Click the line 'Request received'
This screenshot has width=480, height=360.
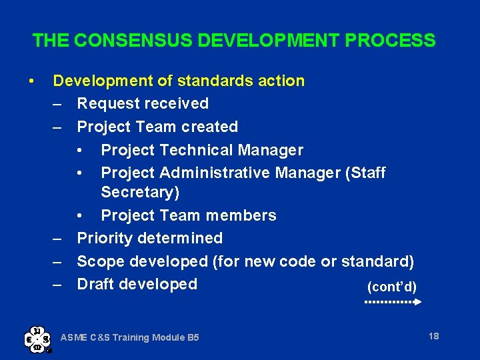(x=143, y=104)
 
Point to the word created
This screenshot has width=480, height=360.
(x=210, y=127)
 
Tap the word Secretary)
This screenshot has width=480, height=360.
(x=140, y=193)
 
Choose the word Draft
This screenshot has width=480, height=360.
(x=97, y=284)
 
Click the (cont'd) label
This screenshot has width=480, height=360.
(x=392, y=287)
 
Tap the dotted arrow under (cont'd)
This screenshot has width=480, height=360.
(x=393, y=302)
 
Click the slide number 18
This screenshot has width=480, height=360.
(x=433, y=336)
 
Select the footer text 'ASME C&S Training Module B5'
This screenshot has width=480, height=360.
(x=129, y=338)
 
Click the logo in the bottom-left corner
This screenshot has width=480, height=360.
(x=37, y=338)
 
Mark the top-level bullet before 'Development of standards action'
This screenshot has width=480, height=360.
(x=31, y=81)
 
